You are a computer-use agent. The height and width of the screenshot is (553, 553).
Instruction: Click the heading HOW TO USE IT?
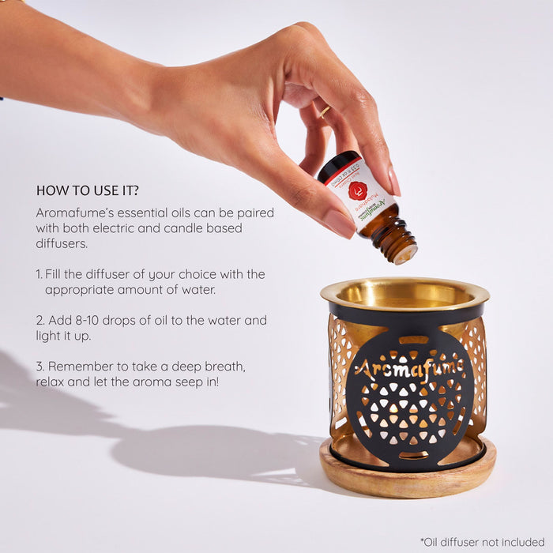click(88, 190)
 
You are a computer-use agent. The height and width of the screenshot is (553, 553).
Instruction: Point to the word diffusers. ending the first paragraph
click(62, 244)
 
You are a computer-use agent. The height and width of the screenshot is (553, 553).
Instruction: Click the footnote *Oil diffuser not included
click(482, 541)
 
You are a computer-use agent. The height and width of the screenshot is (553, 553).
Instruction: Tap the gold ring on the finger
click(325, 111)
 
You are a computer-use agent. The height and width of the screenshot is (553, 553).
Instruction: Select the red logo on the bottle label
click(358, 190)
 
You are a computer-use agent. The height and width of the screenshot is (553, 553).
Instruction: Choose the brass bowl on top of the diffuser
click(404, 294)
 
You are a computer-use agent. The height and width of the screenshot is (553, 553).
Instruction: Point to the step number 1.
click(39, 274)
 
